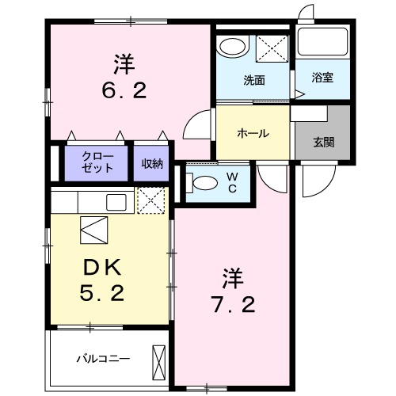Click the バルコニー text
click(x=102, y=358)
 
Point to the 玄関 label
click(x=322, y=143)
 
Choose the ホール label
click(x=253, y=133)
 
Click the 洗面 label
click(x=253, y=79)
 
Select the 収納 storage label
click(x=152, y=164)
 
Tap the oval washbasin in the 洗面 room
click(x=233, y=47)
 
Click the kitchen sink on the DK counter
click(x=116, y=201)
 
